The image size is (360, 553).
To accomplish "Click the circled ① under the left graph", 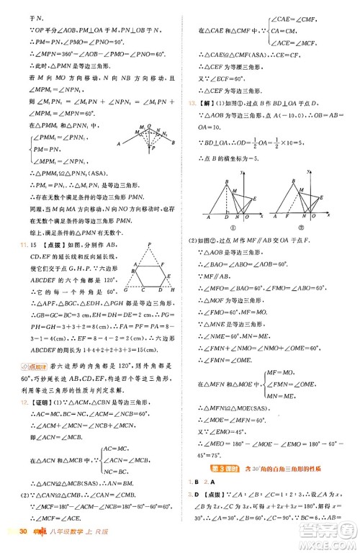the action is tap(229, 225).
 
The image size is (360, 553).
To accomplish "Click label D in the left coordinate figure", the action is tap(225, 218).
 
